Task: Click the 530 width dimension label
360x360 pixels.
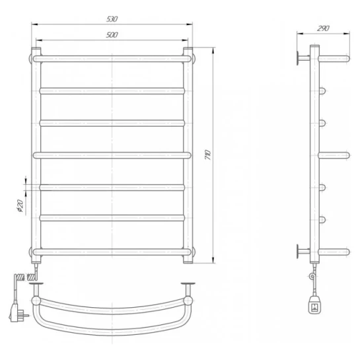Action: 112,19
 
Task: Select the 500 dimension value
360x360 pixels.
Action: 112,35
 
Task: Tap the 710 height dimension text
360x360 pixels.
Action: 208,155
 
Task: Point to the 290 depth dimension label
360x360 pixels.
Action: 323,28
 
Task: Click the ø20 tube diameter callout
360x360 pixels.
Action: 20,205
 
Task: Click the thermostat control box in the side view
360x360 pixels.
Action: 314,305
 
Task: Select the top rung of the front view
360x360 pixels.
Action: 112,59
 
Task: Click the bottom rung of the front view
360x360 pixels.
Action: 112,252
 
